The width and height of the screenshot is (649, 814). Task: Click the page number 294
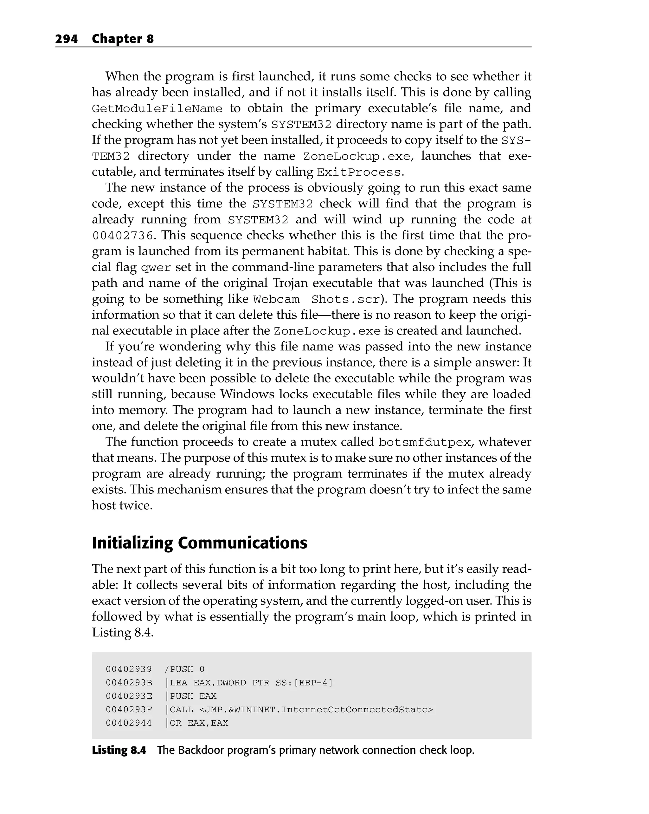pyautogui.click(x=67, y=39)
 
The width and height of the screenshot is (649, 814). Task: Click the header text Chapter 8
pyautogui.click(x=123, y=39)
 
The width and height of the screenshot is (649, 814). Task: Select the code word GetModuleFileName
pyautogui.click(x=157, y=109)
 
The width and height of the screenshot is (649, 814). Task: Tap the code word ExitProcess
pyautogui.click(x=358, y=173)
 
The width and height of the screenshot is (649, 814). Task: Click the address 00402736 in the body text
pyautogui.click(x=123, y=236)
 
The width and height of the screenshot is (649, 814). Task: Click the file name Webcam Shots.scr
pyautogui.click(x=316, y=299)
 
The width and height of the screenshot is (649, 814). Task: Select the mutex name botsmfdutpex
pyautogui.click(x=425, y=442)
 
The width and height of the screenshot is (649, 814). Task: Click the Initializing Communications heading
pyautogui.click(x=200, y=543)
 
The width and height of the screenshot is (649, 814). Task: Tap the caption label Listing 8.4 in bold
pyautogui.click(x=119, y=750)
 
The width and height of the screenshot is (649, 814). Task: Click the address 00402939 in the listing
pyautogui.click(x=129, y=669)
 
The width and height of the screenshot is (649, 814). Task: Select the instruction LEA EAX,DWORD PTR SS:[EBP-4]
pyautogui.click(x=251, y=683)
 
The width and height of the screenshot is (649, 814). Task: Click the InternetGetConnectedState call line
pyautogui.click(x=301, y=709)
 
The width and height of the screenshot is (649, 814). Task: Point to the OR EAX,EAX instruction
pyautogui.click(x=199, y=723)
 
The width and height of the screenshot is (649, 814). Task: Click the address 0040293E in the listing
pyautogui.click(x=129, y=696)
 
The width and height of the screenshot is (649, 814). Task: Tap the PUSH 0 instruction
pyautogui.click(x=187, y=669)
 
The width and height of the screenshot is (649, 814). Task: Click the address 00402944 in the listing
pyautogui.click(x=129, y=723)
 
